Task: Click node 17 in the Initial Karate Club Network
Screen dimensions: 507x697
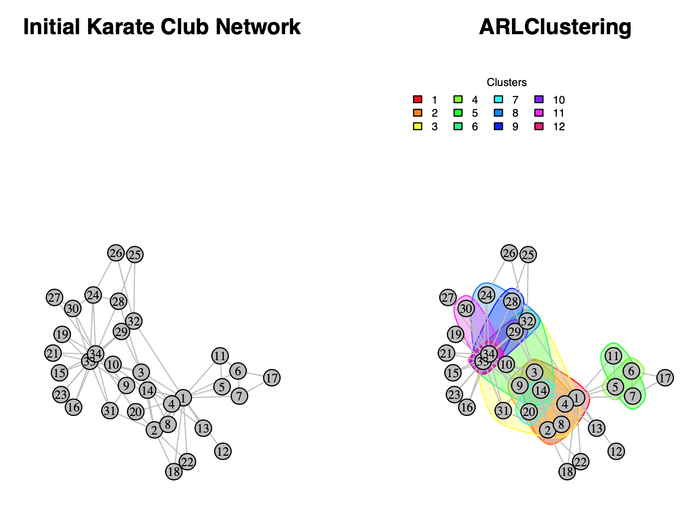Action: (x=272, y=378)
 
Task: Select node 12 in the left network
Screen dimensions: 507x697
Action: (x=223, y=451)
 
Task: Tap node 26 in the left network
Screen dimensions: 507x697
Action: (x=116, y=253)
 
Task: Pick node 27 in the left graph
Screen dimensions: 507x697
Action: (x=54, y=298)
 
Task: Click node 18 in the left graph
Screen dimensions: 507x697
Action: (x=173, y=472)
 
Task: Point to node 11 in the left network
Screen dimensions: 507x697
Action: (x=220, y=356)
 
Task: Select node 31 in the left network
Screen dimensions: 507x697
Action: (x=110, y=410)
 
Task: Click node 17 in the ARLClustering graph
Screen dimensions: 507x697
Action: (x=665, y=378)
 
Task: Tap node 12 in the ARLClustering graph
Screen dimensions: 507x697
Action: (x=616, y=451)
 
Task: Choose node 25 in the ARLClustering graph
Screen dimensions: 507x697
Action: (x=528, y=255)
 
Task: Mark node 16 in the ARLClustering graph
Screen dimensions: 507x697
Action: (x=467, y=407)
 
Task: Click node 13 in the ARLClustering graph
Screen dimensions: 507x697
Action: (x=596, y=429)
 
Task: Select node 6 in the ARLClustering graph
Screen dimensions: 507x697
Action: (x=632, y=371)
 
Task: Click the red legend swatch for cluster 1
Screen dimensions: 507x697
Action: (x=417, y=100)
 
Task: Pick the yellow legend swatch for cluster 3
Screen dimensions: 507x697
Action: (x=417, y=127)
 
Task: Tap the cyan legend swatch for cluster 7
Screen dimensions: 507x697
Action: (x=498, y=100)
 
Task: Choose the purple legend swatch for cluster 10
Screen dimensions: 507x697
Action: (x=538, y=100)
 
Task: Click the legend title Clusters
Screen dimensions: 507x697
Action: (x=506, y=82)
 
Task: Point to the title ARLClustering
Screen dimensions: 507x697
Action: (x=555, y=27)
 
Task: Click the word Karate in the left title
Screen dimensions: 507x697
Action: (x=121, y=27)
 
